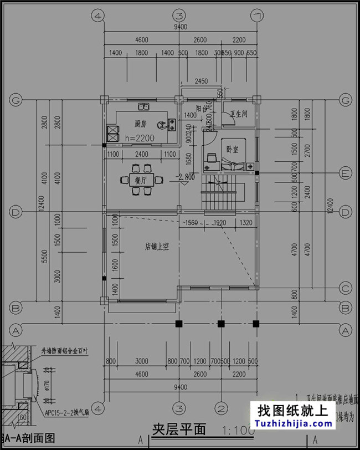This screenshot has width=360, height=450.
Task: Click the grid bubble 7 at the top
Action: point(256,16)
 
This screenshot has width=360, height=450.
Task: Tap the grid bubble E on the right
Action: point(346,173)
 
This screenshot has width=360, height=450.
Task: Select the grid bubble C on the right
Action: point(346,288)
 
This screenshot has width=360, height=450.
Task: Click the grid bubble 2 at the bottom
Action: point(220,409)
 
